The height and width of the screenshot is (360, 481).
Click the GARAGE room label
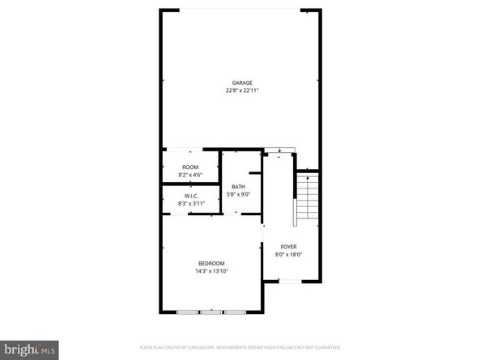coord(242,83)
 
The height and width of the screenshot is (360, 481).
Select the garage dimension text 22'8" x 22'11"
coord(242,90)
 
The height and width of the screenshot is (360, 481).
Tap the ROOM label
coord(190,167)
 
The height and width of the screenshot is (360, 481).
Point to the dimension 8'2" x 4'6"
coord(190,174)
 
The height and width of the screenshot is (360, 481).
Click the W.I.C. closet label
coord(191,196)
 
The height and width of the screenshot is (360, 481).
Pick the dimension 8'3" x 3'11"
coord(191,203)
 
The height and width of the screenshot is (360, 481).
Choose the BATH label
coord(238,187)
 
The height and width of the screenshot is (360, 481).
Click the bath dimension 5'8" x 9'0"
coord(238,194)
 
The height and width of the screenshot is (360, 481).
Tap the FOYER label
coord(289,247)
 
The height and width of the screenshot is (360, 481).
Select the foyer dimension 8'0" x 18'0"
coord(289,254)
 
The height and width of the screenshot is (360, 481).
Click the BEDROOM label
coord(211,264)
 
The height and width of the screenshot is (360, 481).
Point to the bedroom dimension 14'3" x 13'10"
coord(211,271)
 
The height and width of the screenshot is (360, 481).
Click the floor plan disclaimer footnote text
coord(240,347)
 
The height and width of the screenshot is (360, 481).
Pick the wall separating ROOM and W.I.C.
coord(191,185)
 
